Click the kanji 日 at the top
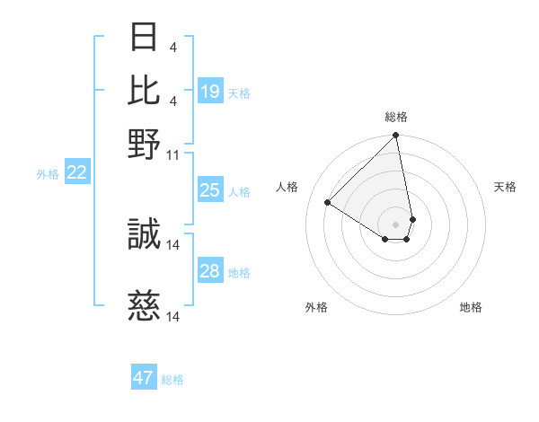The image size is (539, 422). tap(145, 37)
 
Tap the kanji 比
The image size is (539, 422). tap(145, 90)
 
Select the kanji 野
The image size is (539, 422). tap(145, 143)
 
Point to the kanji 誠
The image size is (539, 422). tap(145, 235)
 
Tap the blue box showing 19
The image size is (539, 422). tap(210, 91)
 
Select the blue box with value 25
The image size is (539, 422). tap(210, 189)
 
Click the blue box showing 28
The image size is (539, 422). tap(210, 271)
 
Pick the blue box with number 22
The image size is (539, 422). tap(77, 172)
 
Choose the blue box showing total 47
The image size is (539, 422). tap(143, 378)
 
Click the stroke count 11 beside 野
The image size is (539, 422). tap(173, 154)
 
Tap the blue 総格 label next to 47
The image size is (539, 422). tap(172, 380)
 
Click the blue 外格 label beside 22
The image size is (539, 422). tap(47, 174)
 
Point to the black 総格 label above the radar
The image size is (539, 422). tap(396, 117)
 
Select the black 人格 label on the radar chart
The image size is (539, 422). tap(287, 187)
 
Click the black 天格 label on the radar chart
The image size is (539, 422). tap(505, 187)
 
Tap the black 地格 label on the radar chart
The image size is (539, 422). tap(471, 307)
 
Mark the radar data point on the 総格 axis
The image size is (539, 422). tap(396, 136)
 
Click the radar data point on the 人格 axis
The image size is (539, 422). tap(328, 202)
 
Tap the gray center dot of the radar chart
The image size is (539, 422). tap(396, 224)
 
